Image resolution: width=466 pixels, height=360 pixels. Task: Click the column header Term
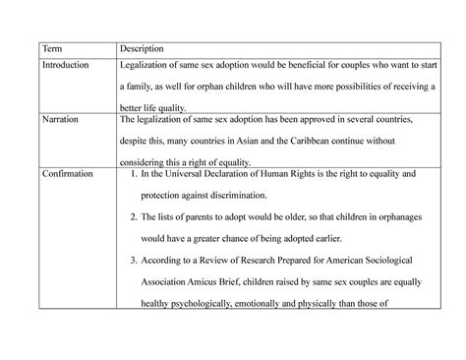point(51,48)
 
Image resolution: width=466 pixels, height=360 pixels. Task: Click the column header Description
point(142,48)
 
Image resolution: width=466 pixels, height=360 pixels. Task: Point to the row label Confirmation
point(67,173)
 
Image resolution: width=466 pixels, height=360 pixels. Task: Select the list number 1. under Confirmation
point(134,173)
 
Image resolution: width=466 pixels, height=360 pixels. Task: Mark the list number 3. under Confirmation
point(134,260)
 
